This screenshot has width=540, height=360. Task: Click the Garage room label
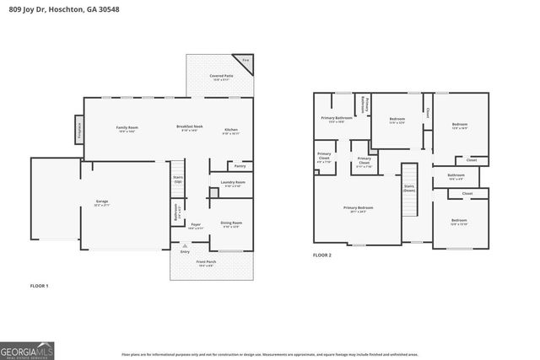pyautogui.click(x=102, y=203)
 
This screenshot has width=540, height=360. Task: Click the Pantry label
pyautogui.click(x=240, y=166)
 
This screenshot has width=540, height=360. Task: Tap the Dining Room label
pyautogui.click(x=231, y=225)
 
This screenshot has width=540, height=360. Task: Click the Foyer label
pyautogui.click(x=196, y=226)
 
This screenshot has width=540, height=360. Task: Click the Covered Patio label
pyautogui.click(x=221, y=78)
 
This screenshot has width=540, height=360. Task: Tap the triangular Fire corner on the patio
pyautogui.click(x=246, y=62)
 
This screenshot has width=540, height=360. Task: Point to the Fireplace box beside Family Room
pyautogui.click(x=78, y=130)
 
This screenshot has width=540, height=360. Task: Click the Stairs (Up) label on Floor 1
pyautogui.click(x=178, y=180)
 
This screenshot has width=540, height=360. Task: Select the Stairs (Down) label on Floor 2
pyautogui.click(x=409, y=190)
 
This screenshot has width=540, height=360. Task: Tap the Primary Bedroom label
pyautogui.click(x=358, y=208)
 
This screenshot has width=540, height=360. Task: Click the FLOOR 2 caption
pyautogui.click(x=322, y=255)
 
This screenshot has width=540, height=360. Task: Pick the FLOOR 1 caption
pyautogui.click(x=40, y=286)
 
